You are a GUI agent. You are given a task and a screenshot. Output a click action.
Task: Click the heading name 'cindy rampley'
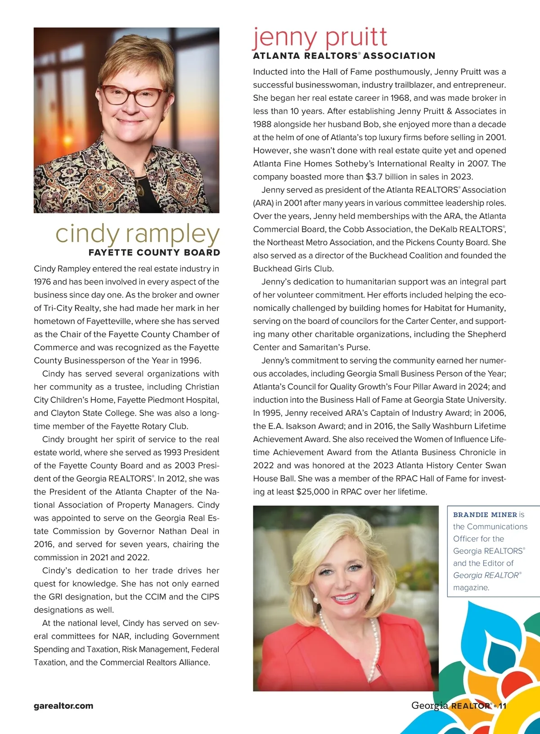pos(137,234)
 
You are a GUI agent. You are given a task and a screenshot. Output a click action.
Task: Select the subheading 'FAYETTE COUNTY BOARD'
pos(154,252)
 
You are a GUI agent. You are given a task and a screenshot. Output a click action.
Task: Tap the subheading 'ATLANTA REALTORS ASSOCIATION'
pos(344,56)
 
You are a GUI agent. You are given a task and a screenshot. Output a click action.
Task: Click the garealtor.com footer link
pos(63,706)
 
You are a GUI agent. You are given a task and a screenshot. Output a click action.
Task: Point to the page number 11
pos(502,706)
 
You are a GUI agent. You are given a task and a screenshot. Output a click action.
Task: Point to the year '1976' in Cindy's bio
pos(42,282)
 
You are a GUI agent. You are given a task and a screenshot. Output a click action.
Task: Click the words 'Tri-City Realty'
pos(72,308)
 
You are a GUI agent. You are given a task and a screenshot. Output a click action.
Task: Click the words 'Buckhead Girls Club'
pos(293,269)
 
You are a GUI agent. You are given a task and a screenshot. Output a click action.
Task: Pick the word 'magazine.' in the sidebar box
pos(471,588)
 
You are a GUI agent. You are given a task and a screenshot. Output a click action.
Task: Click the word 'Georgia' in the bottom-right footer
pos(430,706)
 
